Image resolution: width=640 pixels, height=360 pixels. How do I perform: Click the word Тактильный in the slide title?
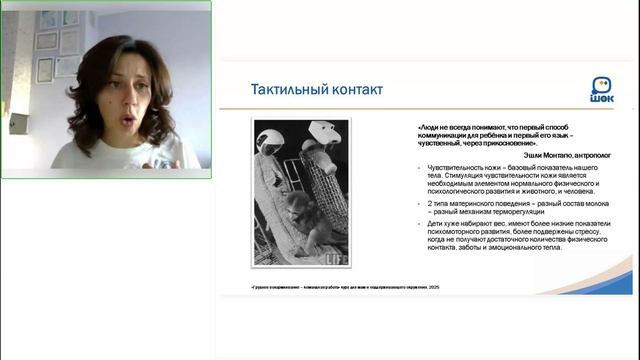point(285,90)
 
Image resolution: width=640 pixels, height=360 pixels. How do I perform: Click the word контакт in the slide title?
point(354,90)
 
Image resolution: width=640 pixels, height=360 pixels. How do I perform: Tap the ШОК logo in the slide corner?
point(603,89)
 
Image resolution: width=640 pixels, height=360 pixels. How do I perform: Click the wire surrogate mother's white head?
point(319,133)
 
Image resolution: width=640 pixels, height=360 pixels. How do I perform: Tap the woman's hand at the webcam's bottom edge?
point(160,165)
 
